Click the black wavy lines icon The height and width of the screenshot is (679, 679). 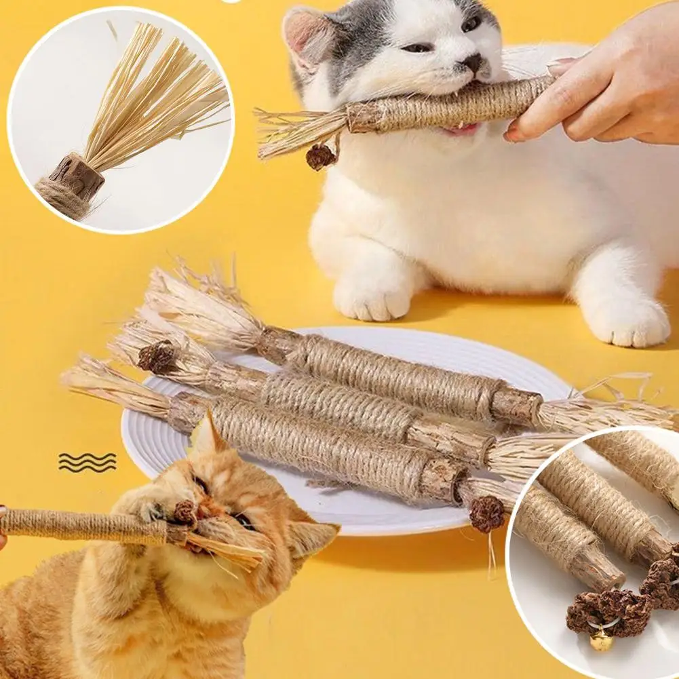87,462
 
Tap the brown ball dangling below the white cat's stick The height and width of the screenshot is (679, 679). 320,157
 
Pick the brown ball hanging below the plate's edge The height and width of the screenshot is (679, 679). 486,514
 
